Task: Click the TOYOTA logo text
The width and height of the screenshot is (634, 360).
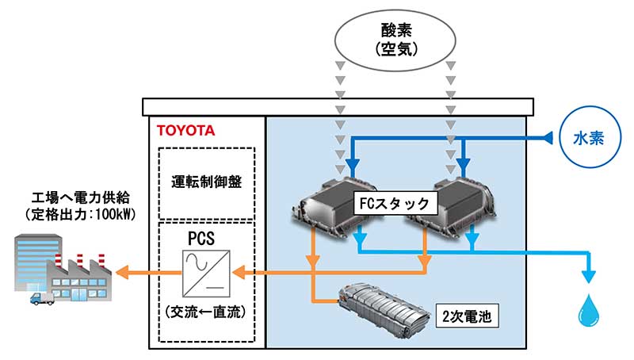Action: tap(185, 130)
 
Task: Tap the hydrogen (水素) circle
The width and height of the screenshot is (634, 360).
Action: tap(589, 138)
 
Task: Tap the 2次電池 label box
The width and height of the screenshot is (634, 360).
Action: tap(468, 316)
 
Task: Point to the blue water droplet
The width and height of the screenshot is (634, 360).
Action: tap(588, 312)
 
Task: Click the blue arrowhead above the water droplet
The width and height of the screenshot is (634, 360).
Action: tap(588, 275)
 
